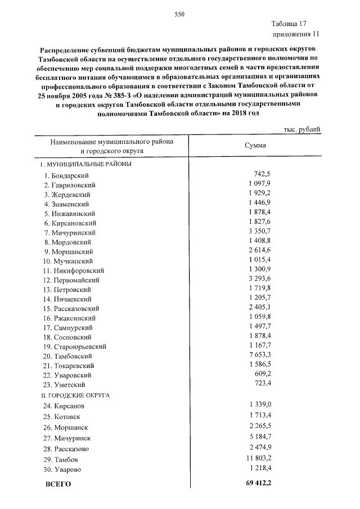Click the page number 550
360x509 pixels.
pos(179,14)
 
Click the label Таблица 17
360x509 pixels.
pos(288,24)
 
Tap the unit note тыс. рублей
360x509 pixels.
pos(301,129)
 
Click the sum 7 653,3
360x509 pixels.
pos(259,355)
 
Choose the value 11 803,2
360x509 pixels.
pos(257,458)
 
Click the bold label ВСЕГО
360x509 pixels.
pos(58,484)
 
